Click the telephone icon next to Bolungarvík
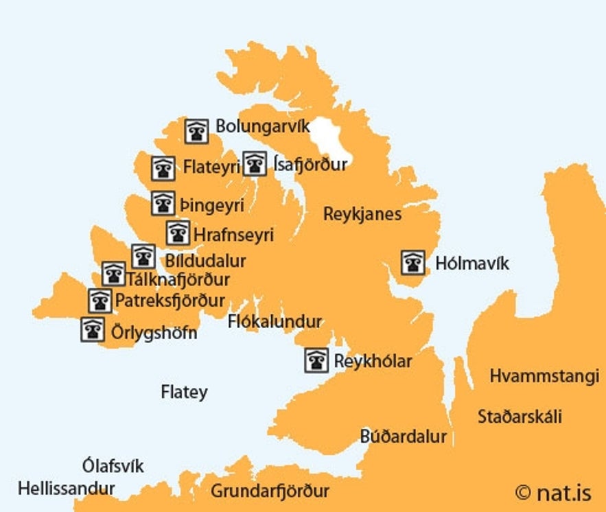click(x=197, y=130)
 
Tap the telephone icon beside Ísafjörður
click(x=255, y=163)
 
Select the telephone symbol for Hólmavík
click(x=412, y=262)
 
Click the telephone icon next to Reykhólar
click(x=316, y=360)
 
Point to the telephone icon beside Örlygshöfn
click(x=93, y=329)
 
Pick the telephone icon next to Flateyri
click(x=163, y=167)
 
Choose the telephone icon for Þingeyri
click(x=163, y=203)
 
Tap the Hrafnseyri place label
click(x=233, y=235)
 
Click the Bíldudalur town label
click(x=205, y=261)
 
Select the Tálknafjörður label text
click(x=178, y=279)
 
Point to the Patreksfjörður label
click(x=170, y=301)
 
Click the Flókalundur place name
click(x=275, y=321)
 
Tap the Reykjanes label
click(x=362, y=214)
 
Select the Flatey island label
click(x=184, y=393)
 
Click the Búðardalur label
click(x=404, y=437)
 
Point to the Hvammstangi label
click(x=544, y=376)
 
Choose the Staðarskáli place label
click(x=520, y=417)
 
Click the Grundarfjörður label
click(x=270, y=491)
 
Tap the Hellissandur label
click(x=66, y=489)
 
